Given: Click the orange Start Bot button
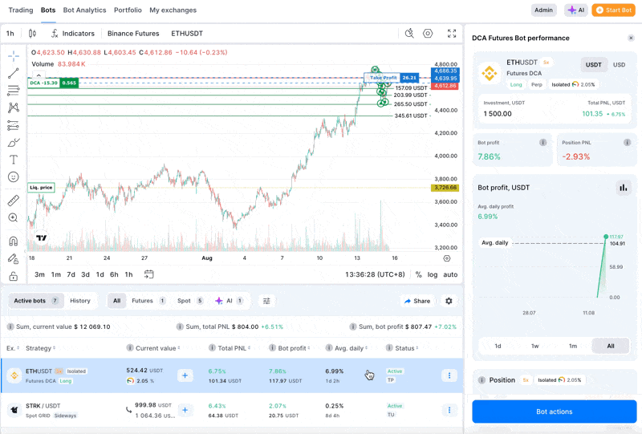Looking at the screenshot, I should click(x=613, y=10).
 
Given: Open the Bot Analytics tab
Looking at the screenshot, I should click(x=84, y=10).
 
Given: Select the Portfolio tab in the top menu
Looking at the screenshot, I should click(x=128, y=10).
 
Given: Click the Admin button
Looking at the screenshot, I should click(x=543, y=10).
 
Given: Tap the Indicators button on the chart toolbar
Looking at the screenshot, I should click(x=72, y=34).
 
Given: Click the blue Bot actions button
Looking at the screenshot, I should click(x=554, y=412).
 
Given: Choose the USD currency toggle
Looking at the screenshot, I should click(x=619, y=65).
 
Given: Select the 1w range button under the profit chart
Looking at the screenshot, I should click(x=535, y=346).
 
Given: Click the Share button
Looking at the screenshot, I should click(x=417, y=301).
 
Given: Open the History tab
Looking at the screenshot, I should click(x=80, y=301).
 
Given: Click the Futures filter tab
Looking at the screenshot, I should click(x=148, y=301).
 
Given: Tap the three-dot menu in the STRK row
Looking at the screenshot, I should click(x=449, y=409).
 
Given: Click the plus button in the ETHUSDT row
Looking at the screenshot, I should click(x=185, y=375).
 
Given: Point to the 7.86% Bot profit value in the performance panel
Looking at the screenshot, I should click(x=489, y=156).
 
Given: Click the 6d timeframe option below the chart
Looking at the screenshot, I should click(x=114, y=274).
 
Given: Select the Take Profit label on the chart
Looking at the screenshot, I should click(x=383, y=78).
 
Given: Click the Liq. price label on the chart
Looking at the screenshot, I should click(x=41, y=188).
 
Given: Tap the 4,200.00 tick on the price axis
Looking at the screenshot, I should click(x=445, y=133).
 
